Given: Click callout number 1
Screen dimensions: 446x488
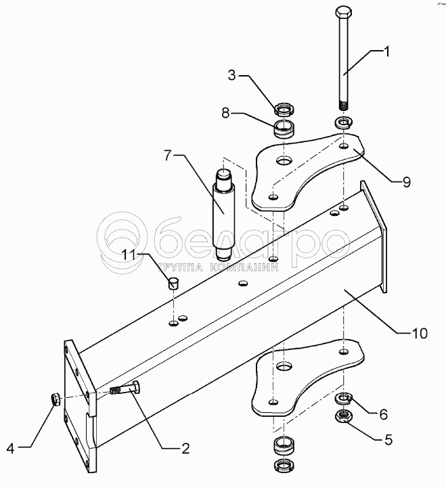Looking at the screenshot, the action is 386,52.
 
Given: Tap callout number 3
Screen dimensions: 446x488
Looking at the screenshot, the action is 232,75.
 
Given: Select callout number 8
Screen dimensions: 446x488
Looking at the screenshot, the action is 225,113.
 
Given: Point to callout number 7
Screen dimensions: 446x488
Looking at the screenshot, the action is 168,156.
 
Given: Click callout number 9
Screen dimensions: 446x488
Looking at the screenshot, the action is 407,182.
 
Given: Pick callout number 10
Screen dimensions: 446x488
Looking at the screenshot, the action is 420,333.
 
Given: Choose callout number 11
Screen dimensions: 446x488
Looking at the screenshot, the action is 128,254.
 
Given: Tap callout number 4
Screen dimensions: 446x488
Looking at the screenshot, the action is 11,449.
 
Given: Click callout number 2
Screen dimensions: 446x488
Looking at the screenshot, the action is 185,449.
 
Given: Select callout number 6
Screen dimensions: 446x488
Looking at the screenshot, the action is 383,414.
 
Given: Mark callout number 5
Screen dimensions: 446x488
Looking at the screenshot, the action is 388,440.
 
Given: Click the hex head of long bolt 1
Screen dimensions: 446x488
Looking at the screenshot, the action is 344,12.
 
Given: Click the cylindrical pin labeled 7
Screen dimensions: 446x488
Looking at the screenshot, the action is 223,215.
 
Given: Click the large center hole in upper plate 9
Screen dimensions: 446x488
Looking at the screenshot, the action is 284,161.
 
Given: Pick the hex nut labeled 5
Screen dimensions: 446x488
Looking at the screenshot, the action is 343,416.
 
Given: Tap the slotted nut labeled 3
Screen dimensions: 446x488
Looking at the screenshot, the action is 284,108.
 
